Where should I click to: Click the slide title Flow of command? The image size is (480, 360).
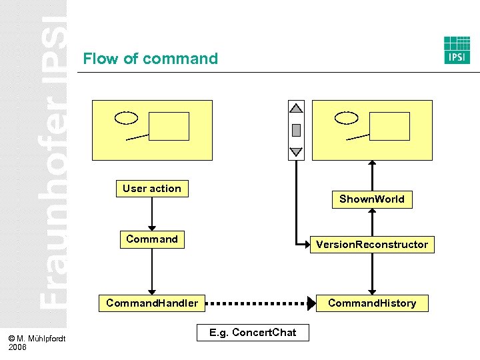tap(150, 59)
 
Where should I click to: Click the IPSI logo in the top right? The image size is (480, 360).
tap(457, 50)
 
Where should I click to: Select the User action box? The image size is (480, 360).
tap(152, 189)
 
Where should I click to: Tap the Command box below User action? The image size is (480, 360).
tap(152, 239)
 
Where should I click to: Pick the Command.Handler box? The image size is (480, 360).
tap(152, 303)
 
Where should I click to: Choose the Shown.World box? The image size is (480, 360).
tap(372, 199)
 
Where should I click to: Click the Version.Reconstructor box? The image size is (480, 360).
tap(372, 245)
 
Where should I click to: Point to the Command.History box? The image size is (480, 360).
tap(372, 303)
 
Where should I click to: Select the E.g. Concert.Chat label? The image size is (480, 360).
tap(253, 333)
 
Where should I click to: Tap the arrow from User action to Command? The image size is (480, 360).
tap(152, 213)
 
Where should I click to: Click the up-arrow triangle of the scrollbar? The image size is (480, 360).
tap(296, 107)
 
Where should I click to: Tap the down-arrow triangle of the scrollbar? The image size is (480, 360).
tap(296, 152)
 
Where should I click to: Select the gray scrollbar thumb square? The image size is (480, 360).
tap(296, 130)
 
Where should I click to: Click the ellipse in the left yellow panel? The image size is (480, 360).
tap(126, 118)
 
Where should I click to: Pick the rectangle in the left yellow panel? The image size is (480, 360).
tap(169, 126)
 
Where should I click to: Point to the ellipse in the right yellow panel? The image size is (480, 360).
tap(347, 118)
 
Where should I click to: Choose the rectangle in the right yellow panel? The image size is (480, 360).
tap(389, 126)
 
